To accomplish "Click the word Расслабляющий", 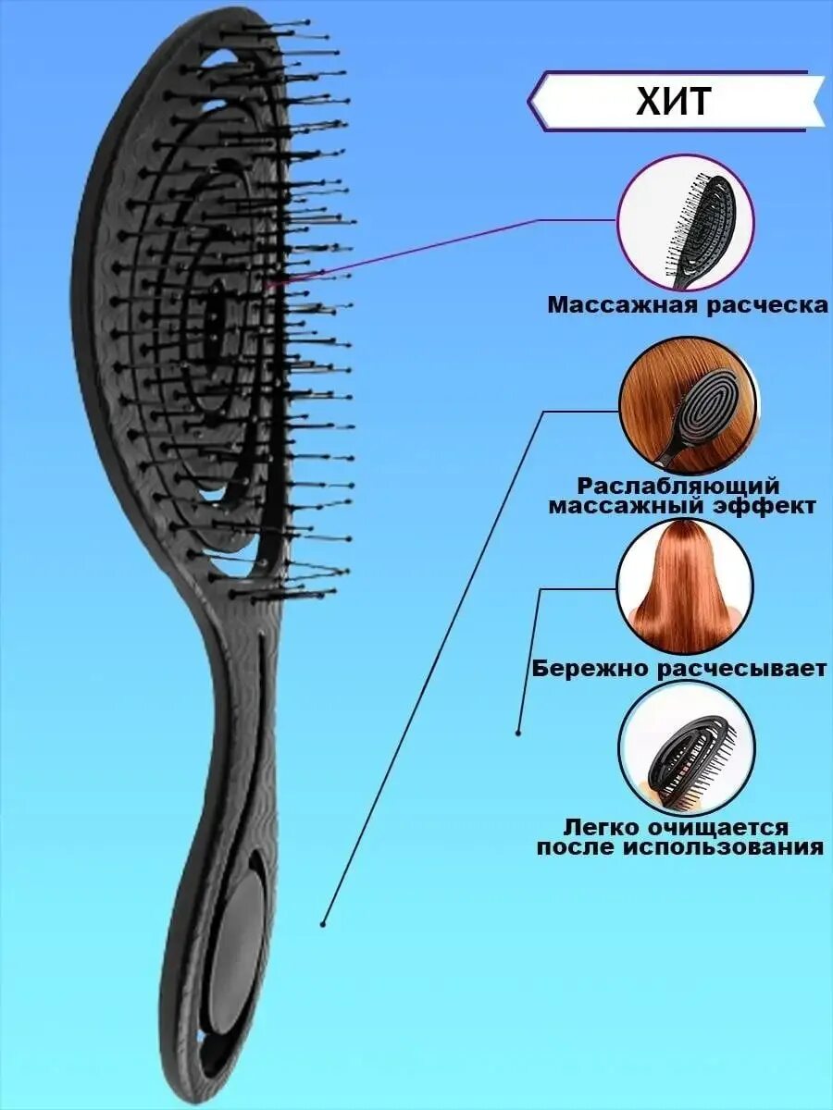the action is pyautogui.click(x=678, y=486).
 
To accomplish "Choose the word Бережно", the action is pyautogui.click(x=593, y=668).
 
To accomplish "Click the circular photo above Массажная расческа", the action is pyautogui.click(x=686, y=222).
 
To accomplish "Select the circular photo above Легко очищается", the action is pyautogui.click(x=686, y=747).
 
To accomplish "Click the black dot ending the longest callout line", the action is pyautogui.click(x=323, y=923).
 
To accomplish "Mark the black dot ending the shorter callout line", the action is pyautogui.click(x=518, y=733).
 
